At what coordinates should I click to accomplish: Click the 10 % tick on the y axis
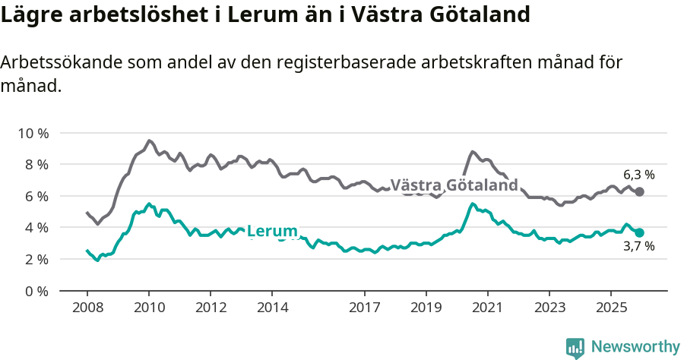pyautogui.click(x=32, y=133)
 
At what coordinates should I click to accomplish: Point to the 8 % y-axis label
pyautogui.click(x=35, y=164)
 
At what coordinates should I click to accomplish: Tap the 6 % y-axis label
pyautogui.click(x=35, y=196)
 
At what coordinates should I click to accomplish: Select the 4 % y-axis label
pyautogui.click(x=35, y=227)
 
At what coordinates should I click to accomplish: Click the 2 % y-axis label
pyautogui.click(x=35, y=259)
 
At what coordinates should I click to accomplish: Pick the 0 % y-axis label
pyautogui.click(x=35, y=291)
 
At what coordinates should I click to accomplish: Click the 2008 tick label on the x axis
pyautogui.click(x=87, y=308)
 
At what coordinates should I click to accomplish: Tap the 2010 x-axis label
pyautogui.click(x=149, y=308)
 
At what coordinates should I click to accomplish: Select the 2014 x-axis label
pyautogui.click(x=272, y=308)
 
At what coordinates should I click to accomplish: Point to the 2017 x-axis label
pyautogui.click(x=365, y=308)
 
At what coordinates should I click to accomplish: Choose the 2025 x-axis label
pyautogui.click(x=610, y=308)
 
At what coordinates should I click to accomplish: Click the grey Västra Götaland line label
pyautogui.click(x=454, y=185)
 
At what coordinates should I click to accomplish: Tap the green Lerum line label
pyautogui.click(x=272, y=230)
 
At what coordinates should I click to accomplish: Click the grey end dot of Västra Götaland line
pyautogui.click(x=639, y=191)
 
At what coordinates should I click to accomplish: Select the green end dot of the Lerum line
pyautogui.click(x=639, y=232)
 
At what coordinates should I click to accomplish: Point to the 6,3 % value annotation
pyautogui.click(x=638, y=175)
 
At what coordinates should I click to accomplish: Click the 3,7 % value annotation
pyautogui.click(x=638, y=247)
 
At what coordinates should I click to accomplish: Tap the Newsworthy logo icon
pyautogui.click(x=575, y=348)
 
